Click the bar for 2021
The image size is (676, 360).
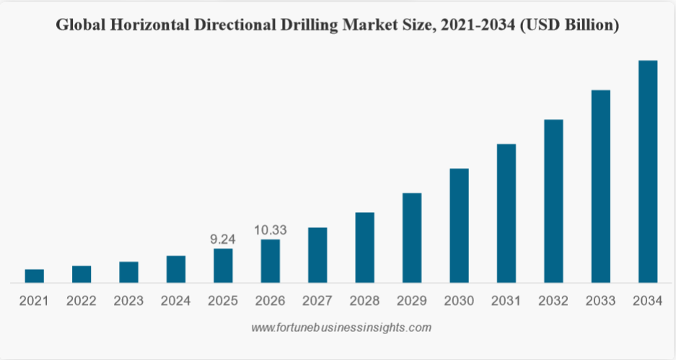[34, 276]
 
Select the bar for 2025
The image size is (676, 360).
[223, 265]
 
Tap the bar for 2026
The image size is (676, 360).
[270, 260]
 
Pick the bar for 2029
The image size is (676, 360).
[412, 237]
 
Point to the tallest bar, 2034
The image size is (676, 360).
[648, 171]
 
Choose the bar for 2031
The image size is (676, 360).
[506, 213]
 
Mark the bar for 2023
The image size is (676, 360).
[128, 272]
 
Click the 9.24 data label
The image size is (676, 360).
[223, 239]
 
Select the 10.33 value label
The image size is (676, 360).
[271, 230]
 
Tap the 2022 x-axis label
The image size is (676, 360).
[82, 301]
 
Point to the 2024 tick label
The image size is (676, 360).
[176, 301]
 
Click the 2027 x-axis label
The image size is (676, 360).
[317, 301]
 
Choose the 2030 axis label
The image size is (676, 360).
[459, 301]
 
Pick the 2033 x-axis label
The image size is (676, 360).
[600, 301]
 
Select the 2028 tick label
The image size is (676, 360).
[364, 301]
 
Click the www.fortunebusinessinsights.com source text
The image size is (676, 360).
[341, 328]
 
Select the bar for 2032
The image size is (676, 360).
[553, 201]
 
